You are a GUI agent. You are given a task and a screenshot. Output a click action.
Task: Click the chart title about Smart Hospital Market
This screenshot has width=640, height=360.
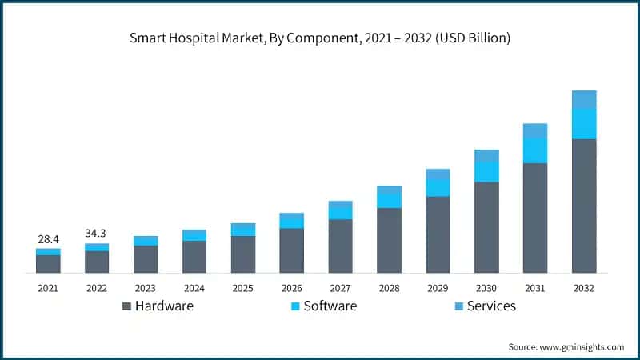[320, 38]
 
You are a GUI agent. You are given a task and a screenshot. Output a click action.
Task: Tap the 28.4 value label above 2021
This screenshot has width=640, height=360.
[48, 239]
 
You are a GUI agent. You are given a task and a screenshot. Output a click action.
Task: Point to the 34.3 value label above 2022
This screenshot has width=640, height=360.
[97, 234]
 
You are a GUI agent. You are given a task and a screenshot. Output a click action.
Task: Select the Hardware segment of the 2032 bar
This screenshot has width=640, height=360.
[584, 206]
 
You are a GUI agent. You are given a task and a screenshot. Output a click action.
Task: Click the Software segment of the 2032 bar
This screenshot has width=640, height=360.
[584, 123]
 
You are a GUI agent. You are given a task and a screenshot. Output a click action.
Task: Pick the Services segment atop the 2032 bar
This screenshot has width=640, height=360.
[584, 99]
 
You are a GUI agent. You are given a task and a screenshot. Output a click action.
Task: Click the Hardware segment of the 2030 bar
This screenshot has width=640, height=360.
[486, 227]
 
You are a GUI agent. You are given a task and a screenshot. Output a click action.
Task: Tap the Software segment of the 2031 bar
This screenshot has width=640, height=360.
[535, 150]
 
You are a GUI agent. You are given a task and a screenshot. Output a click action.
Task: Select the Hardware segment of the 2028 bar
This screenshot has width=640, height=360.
[389, 240]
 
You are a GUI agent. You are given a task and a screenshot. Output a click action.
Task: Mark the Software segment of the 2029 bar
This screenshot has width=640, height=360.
[438, 187]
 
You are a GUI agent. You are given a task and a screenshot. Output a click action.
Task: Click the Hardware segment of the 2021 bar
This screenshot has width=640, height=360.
[48, 264]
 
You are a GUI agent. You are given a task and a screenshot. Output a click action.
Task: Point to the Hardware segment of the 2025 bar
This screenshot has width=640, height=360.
[243, 254]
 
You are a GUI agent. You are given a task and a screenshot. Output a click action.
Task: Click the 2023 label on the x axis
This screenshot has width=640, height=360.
[146, 288]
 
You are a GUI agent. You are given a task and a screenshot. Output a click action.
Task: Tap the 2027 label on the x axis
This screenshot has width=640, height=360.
[341, 288]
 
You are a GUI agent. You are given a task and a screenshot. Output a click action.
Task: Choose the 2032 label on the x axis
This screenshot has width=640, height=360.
[584, 288]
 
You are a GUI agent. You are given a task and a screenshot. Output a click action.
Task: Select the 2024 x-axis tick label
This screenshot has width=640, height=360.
[194, 288]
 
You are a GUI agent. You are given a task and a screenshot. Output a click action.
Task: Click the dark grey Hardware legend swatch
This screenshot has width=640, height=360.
[126, 306]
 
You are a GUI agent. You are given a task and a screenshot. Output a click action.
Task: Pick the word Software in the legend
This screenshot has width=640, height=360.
[330, 306]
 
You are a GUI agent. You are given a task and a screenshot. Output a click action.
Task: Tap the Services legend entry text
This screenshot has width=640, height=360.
[491, 306]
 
